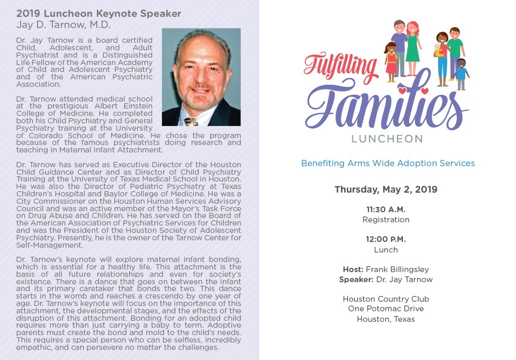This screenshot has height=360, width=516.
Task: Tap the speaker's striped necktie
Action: tap(192, 122)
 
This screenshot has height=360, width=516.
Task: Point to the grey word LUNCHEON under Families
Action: tap(387, 139)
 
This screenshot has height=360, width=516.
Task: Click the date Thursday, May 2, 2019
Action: tap(386, 190)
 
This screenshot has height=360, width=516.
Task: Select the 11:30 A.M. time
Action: tap(385, 210)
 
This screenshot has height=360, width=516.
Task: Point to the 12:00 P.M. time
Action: tap(385, 239)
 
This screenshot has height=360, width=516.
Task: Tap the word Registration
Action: tap(386, 220)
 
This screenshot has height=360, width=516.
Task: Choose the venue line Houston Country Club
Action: tap(386, 299)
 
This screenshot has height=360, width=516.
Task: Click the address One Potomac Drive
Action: tap(386, 309)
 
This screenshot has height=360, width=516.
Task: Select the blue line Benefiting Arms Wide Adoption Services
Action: tap(388, 163)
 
